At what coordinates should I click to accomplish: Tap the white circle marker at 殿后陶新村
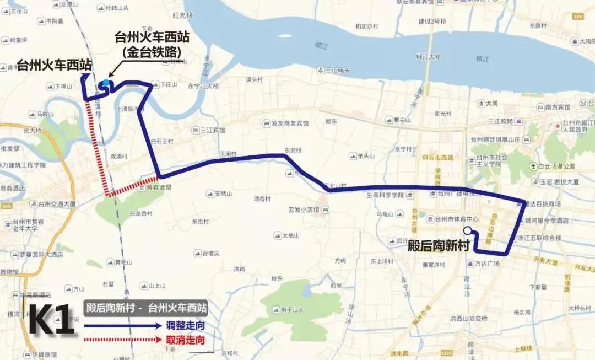pyautogui.click(x=468, y=231)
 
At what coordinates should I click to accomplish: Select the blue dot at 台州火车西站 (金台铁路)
pyautogui.click(x=106, y=83)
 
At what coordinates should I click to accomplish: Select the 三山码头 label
pyautogui.click(x=337, y=70)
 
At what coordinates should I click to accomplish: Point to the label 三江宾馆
pyautogui.click(x=213, y=131)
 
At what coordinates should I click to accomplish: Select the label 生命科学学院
pyautogui.click(x=385, y=195)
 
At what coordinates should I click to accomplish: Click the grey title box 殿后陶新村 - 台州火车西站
pyautogui.click(x=146, y=307)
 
